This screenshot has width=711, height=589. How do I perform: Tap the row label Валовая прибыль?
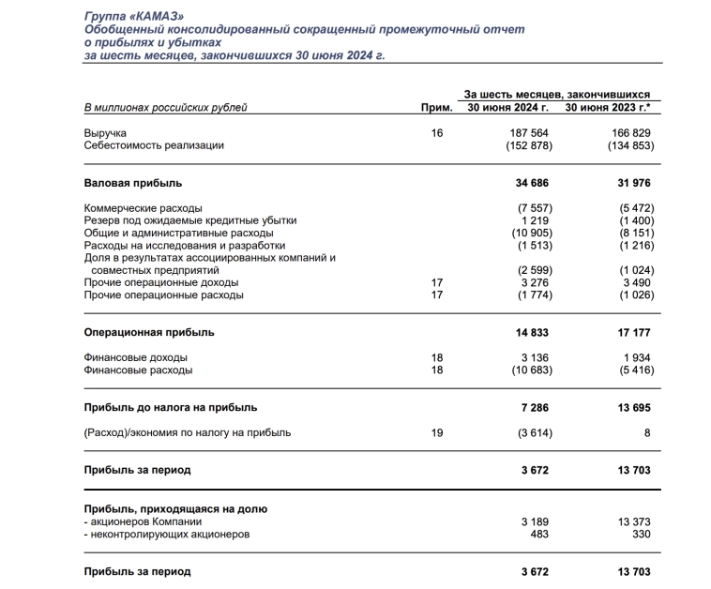click(x=133, y=183)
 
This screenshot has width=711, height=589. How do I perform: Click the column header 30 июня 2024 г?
click(x=508, y=108)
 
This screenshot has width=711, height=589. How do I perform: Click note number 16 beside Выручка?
click(x=435, y=133)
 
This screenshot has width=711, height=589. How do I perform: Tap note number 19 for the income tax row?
click(x=435, y=432)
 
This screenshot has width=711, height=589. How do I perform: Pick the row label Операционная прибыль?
click(x=149, y=332)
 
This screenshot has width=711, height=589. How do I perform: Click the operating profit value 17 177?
click(x=633, y=332)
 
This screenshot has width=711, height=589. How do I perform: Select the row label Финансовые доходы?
click(x=135, y=357)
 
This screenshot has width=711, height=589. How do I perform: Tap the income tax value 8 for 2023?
click(x=647, y=432)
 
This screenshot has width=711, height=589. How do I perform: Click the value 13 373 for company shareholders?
click(x=633, y=521)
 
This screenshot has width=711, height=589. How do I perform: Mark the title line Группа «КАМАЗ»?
click(x=132, y=17)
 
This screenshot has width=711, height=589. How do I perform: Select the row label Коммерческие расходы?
click(x=143, y=207)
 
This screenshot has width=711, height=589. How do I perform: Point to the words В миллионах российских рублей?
click(x=166, y=108)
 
